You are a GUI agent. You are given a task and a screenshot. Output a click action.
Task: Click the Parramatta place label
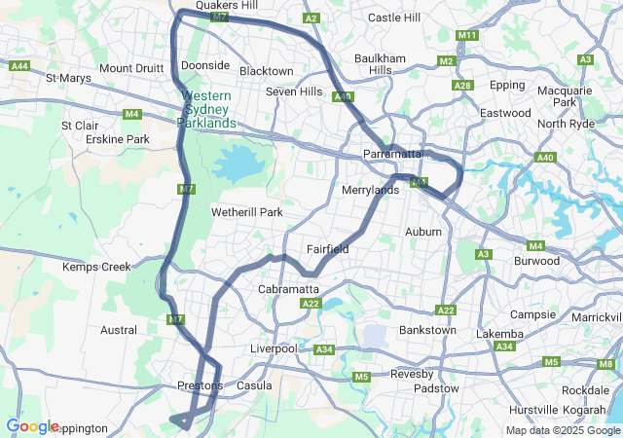pos(391,154)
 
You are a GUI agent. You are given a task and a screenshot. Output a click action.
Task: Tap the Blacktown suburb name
pos(266,71)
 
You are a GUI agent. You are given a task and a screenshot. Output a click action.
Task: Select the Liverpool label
pos(274,348)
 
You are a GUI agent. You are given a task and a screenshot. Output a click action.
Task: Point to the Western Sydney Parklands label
pos(206,109)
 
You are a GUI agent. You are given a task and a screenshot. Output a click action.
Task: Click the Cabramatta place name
pos(289,290)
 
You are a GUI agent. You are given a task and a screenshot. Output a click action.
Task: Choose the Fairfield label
pos(328,249)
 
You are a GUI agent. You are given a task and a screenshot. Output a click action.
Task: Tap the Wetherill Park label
pos(246,212)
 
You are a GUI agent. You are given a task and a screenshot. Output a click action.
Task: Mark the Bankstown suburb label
pos(427,330)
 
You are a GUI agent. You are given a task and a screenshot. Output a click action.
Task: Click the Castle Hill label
pos(394,18)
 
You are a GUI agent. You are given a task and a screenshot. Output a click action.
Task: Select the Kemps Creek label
pos(96,267)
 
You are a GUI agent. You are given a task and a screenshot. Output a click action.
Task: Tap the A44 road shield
pos(18,66)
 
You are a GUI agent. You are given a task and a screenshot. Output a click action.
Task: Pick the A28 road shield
pos(462,87)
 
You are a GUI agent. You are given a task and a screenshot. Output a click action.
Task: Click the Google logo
pos(32,426)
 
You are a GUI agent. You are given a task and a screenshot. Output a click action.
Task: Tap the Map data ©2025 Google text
pos(563,430)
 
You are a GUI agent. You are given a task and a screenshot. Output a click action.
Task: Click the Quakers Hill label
pos(227,5)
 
